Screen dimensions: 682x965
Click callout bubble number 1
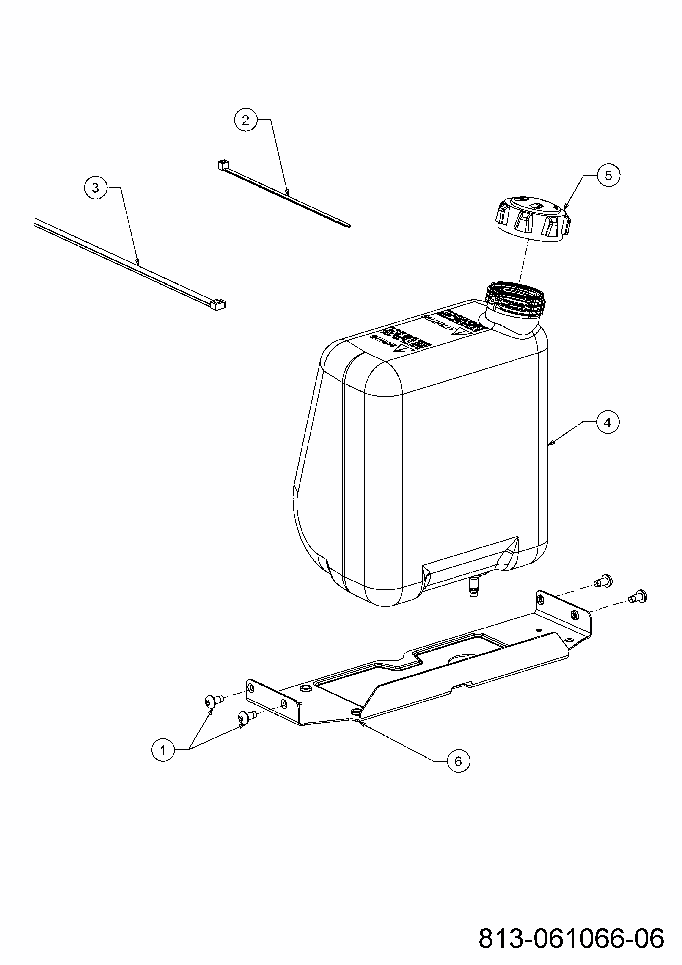(163, 749)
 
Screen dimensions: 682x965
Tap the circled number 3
(95, 188)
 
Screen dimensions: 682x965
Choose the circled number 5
(608, 175)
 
